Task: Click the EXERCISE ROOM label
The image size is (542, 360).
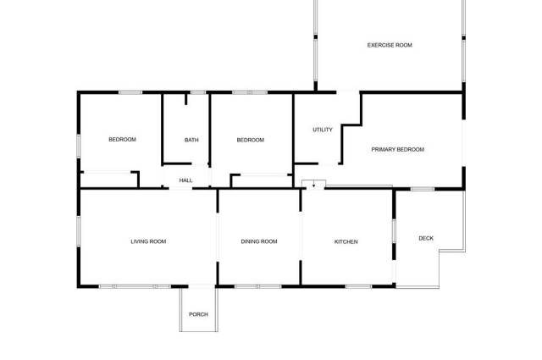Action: tap(390, 45)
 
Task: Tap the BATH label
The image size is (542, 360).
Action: tap(191, 140)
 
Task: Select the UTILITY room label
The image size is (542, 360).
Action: tap(323, 130)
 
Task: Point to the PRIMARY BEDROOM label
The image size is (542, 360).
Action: tap(397, 149)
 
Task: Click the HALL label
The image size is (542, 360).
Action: tap(186, 180)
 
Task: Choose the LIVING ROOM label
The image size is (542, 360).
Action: tap(148, 241)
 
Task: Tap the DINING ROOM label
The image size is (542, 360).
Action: tap(259, 241)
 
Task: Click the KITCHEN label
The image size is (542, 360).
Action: tap(346, 241)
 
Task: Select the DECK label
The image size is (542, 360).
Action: tap(426, 238)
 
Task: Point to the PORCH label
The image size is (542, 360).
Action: tap(198, 314)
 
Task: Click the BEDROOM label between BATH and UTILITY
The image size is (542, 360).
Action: tap(251, 140)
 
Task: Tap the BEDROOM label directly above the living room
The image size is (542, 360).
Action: tap(122, 140)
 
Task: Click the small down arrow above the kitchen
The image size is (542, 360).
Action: tap(313, 185)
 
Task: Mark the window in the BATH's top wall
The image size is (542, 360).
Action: tap(198, 92)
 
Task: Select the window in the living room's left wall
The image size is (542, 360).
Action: tap(79, 232)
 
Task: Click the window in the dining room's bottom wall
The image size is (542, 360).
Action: tap(257, 286)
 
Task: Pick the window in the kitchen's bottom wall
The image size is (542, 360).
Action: tap(358, 286)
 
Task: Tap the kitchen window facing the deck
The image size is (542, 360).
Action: tap(394, 231)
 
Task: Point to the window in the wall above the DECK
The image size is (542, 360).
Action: tap(423, 189)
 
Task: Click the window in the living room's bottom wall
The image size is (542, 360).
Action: tap(135, 286)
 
